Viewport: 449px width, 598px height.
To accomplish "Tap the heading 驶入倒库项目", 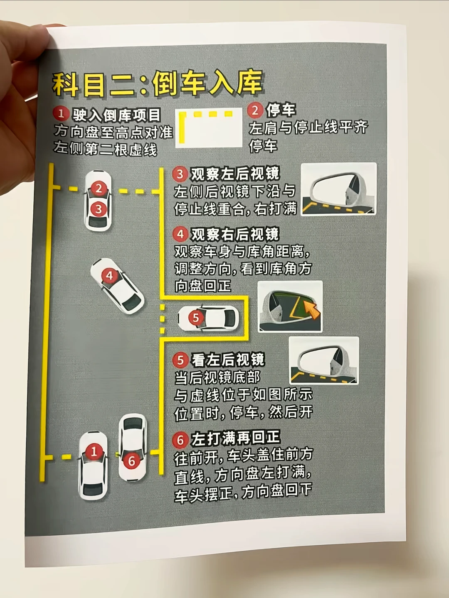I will [x=117, y=115].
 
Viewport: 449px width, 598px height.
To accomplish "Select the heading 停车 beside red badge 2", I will [x=281, y=110].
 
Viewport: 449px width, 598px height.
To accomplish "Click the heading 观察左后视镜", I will [x=235, y=174].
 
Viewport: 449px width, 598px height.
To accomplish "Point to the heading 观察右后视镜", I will [x=235, y=235].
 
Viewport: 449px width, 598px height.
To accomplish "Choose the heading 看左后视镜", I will [x=228, y=360].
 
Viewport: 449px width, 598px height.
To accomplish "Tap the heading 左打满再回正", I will [x=236, y=438].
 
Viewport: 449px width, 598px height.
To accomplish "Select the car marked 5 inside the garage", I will [x=209, y=319].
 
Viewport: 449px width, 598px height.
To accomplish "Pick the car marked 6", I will [x=133, y=447].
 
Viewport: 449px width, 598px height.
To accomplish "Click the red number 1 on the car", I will [x=94, y=451].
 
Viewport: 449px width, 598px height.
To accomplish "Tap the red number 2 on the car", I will [x=99, y=189].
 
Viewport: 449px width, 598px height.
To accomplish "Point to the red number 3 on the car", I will [x=99, y=208].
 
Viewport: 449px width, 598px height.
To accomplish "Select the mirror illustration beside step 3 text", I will [x=338, y=189].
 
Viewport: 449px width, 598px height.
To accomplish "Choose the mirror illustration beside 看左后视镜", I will [x=323, y=360].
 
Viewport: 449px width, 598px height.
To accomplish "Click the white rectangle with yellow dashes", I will [x=209, y=128].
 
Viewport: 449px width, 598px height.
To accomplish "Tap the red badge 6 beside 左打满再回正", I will [x=180, y=440].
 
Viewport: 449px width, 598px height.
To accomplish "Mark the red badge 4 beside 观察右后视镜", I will [x=180, y=235].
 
